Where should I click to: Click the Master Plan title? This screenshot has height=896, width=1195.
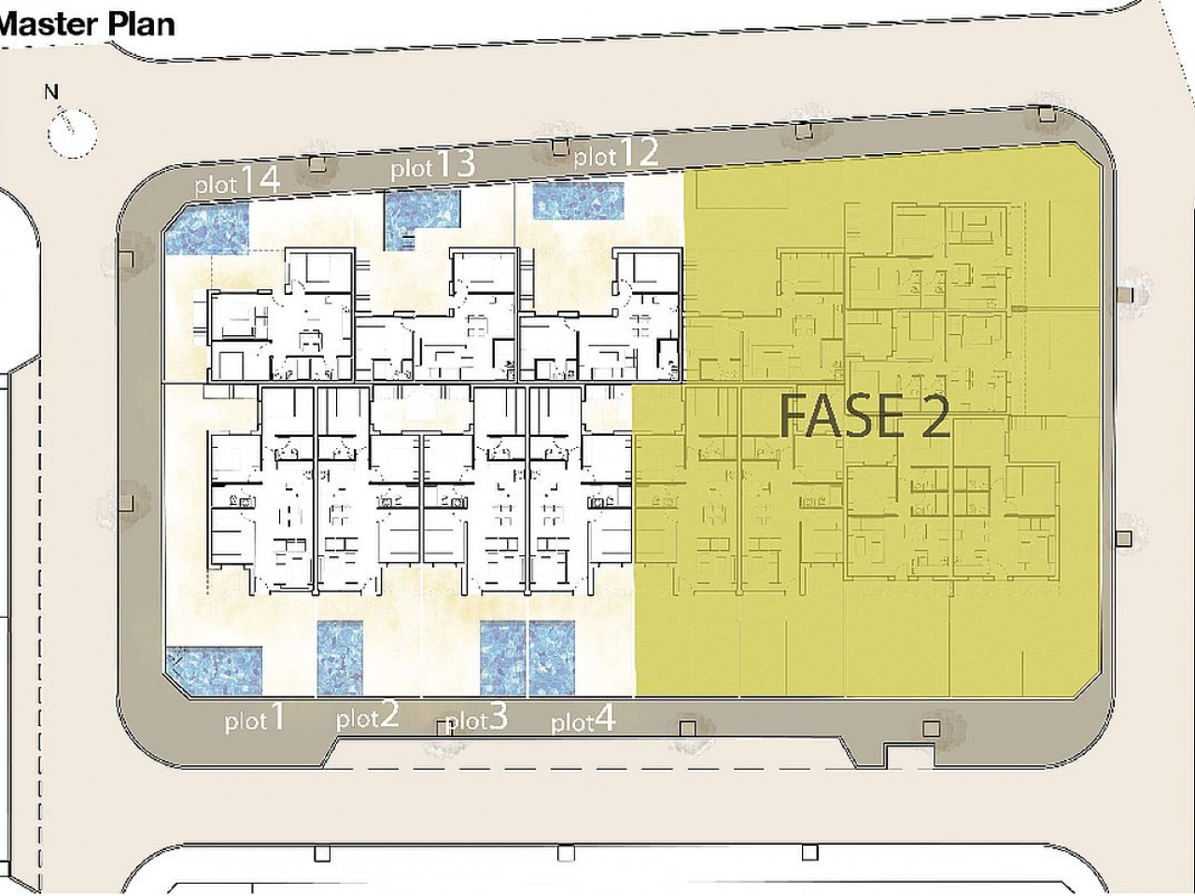coord(87,25)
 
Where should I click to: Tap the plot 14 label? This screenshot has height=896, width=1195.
coord(237,181)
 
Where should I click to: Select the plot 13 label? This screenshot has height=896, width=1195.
coord(433,165)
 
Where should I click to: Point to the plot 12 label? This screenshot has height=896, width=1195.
coord(616,153)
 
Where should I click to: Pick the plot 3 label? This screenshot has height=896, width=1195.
coord(477,717)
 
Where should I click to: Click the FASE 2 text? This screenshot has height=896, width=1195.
coord(865,416)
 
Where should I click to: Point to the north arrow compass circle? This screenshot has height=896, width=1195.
coord(72,133)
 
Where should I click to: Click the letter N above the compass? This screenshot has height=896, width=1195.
coord(51,92)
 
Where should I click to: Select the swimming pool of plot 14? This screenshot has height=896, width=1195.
coord(207,229)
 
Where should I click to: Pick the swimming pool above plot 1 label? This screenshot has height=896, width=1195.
coord(215,671)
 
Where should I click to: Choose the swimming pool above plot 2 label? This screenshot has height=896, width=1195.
coord(340,658)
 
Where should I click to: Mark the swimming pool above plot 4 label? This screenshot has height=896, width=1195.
coord(552,658)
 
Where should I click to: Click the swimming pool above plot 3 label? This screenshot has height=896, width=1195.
coord(503,658)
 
